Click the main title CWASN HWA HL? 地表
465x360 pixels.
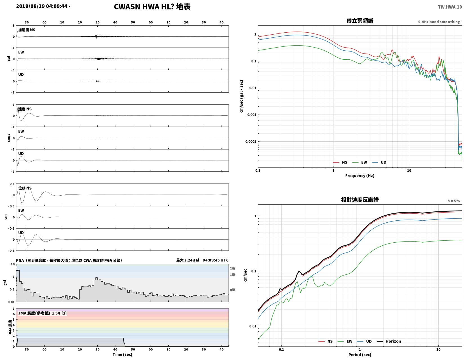tap(152, 7)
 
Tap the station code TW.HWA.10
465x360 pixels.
tap(450, 7)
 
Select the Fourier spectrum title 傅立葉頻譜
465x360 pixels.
tap(359, 21)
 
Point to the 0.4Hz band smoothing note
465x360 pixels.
tap(439, 22)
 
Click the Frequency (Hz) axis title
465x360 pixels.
tap(359, 175)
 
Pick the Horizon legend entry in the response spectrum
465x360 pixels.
tap(388, 341)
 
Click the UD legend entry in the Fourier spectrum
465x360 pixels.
tap(379, 162)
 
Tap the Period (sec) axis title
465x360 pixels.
tap(359, 354)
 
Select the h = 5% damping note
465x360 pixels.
tap(453, 201)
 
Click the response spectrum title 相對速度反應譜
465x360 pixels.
tap(359, 200)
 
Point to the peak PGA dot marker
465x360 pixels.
tap(18, 270)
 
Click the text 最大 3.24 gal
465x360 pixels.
tap(187, 260)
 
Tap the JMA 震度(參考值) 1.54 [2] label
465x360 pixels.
tap(42, 313)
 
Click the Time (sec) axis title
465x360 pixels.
tap(122, 354)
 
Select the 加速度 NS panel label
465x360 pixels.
tap(26, 30)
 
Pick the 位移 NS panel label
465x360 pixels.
tap(25, 188)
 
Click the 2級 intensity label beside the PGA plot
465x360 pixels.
tap(232, 268)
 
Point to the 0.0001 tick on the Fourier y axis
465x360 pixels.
tap(251, 141)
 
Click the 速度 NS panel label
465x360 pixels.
tap(25, 109)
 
